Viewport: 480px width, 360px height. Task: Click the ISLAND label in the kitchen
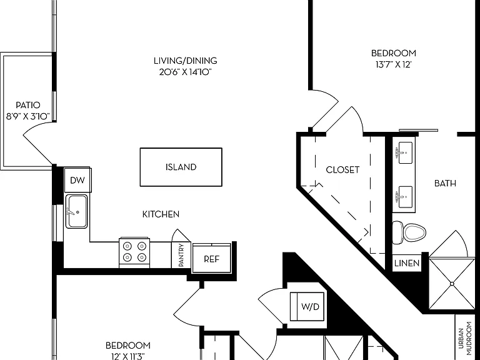[181, 167]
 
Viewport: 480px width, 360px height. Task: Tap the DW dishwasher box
[77, 180]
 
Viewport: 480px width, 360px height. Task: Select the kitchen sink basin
[76, 211]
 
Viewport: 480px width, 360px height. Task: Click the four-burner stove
[134, 252]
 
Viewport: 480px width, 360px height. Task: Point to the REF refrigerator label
[211, 259]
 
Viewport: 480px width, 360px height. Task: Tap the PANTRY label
[181, 255]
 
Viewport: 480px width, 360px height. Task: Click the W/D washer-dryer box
[307, 306]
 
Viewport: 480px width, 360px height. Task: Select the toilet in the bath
[409, 232]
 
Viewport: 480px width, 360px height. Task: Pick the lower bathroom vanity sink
[404, 197]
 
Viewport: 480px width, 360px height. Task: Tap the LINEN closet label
[406, 263]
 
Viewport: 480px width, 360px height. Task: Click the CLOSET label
[342, 170]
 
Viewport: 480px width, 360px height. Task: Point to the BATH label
[445, 183]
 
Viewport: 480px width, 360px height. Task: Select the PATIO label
[28, 105]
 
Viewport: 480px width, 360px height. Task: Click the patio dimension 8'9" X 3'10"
[28, 116]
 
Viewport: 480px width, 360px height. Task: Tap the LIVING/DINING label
[186, 61]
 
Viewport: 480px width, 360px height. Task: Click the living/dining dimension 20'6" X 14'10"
[186, 72]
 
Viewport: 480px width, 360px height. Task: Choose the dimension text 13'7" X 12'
[393, 65]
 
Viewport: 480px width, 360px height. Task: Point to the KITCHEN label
[161, 214]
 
